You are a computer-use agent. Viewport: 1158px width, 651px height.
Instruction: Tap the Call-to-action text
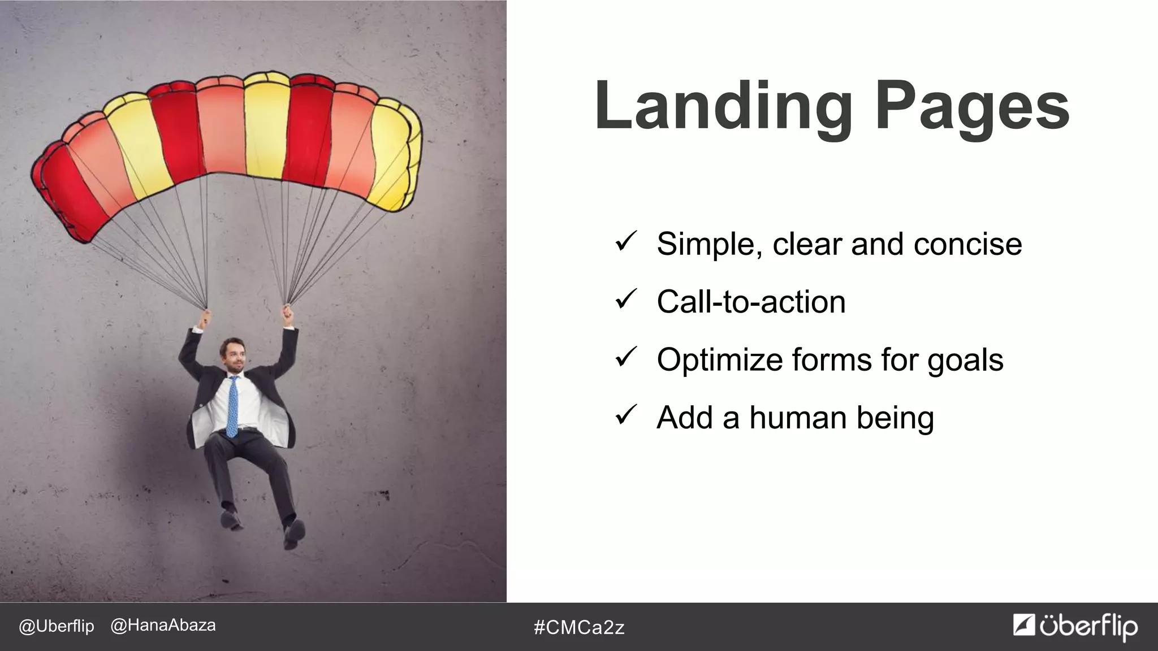coord(751,302)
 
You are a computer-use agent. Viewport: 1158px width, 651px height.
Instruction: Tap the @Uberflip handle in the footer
coord(57,627)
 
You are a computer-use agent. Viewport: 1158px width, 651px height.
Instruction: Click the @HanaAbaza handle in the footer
coord(163,626)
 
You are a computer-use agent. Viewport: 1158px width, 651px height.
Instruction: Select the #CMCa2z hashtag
coord(579,627)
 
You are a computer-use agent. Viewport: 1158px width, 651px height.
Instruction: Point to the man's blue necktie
coord(232,407)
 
